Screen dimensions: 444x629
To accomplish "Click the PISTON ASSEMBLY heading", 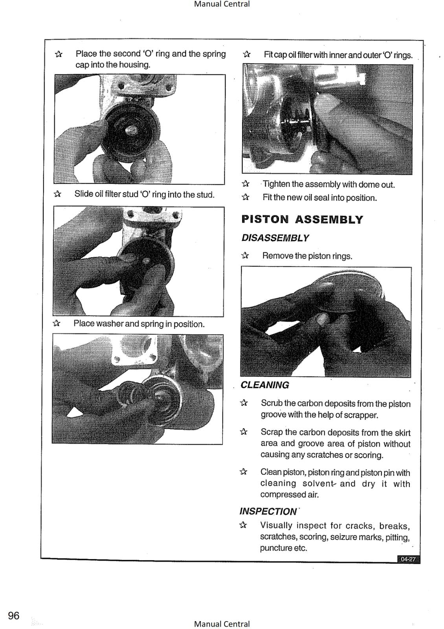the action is tap(302, 219).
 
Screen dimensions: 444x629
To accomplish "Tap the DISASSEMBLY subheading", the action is tap(275, 238).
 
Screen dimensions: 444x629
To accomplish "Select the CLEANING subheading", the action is tap(265, 385).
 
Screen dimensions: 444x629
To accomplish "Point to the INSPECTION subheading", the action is tap(268, 511).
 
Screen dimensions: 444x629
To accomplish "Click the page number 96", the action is tap(14, 616).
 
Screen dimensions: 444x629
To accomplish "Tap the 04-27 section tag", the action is tap(408, 559).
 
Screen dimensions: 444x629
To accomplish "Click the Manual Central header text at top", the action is tap(222, 4).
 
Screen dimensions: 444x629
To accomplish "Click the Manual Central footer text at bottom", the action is tap(222, 624).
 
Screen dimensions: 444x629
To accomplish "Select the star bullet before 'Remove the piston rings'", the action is tap(245, 256).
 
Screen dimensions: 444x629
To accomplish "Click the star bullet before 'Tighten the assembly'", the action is tap(246, 184).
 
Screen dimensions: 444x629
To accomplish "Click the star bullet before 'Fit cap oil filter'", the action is tap(247, 54).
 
